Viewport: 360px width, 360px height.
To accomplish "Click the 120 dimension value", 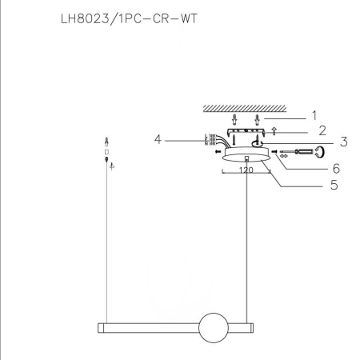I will click(246, 170).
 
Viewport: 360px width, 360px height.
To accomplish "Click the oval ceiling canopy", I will click(246, 158).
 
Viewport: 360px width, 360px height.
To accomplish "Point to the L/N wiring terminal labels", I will click(210, 140).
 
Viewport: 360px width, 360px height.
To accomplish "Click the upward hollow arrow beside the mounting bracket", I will click(274, 130).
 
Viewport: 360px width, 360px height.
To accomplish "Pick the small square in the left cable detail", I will click(106, 151).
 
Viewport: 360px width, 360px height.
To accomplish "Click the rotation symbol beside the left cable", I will click(111, 166).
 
